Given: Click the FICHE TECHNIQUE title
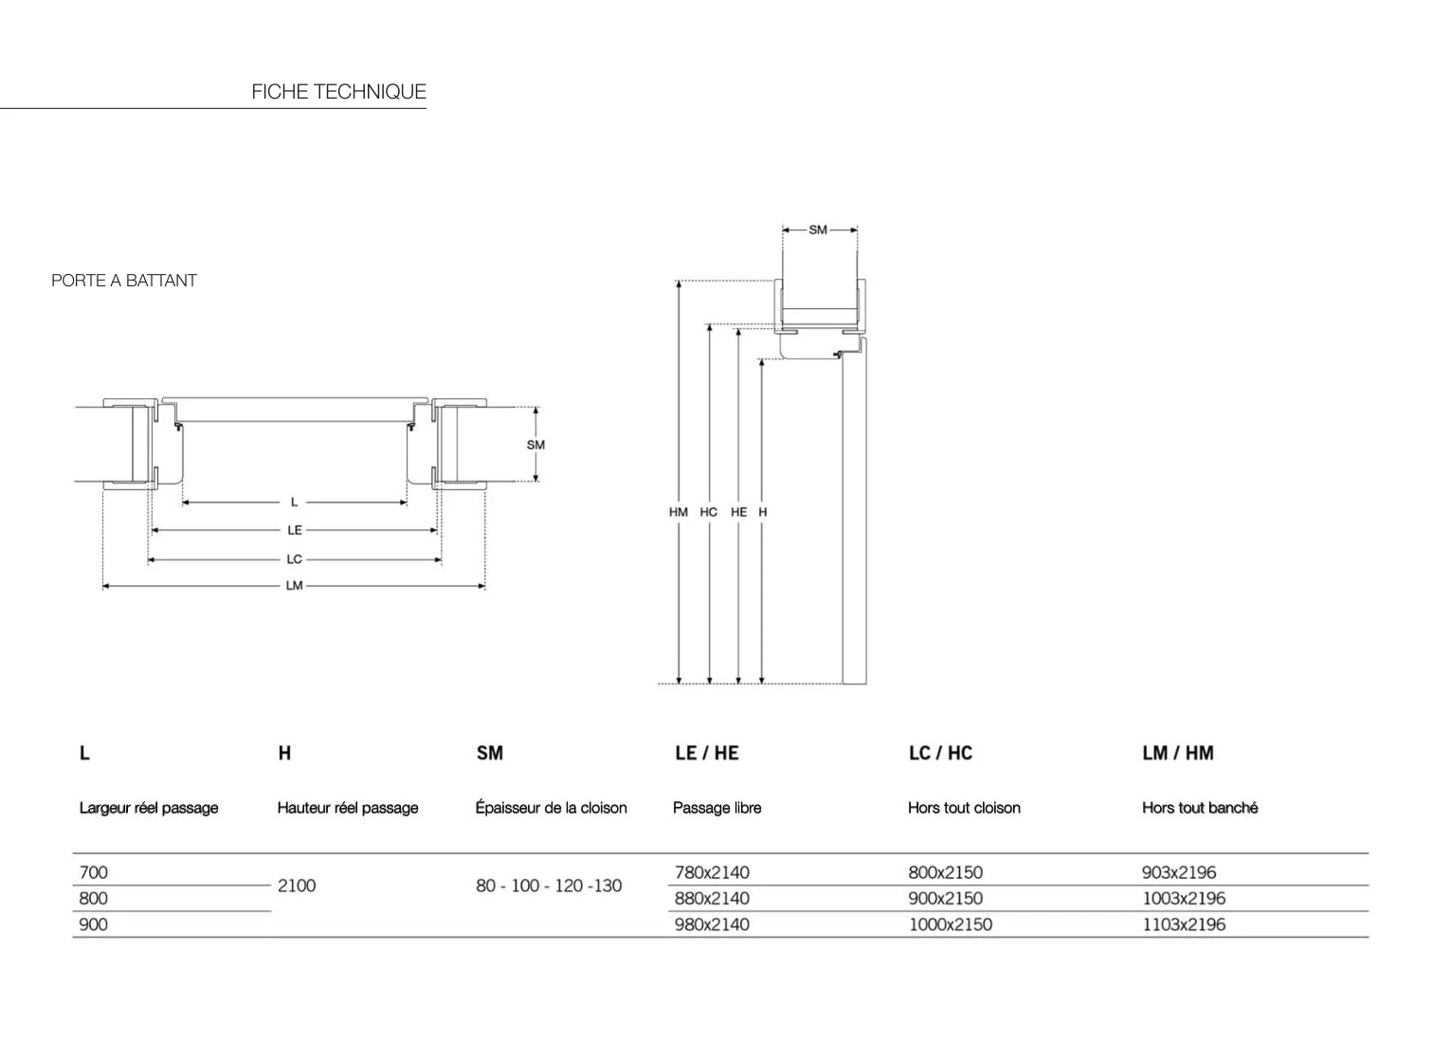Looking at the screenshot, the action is click(338, 91).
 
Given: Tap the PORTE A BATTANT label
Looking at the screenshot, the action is click(124, 281).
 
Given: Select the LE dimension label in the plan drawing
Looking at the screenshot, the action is click(295, 530).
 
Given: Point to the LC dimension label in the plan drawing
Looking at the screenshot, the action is click(295, 558).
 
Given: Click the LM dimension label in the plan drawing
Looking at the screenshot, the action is click(295, 586).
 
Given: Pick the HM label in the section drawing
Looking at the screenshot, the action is click(679, 512).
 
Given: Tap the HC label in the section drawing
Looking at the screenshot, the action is click(709, 512).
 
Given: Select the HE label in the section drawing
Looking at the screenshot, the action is click(739, 512).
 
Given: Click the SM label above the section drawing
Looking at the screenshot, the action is click(818, 230).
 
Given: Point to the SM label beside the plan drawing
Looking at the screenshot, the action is click(535, 445).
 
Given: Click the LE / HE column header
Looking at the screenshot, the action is click(707, 753).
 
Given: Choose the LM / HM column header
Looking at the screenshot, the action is click(1178, 753).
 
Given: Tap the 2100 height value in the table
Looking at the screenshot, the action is click(297, 886).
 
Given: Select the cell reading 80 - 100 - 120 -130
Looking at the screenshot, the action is click(549, 886).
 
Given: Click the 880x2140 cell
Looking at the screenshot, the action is click(712, 899).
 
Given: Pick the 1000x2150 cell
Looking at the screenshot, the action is click(951, 925).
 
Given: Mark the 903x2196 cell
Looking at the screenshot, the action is click(1179, 872).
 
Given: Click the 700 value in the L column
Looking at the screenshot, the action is click(93, 872).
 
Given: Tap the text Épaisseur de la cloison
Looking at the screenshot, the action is click(552, 808).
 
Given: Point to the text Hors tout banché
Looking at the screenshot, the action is click(1200, 808).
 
